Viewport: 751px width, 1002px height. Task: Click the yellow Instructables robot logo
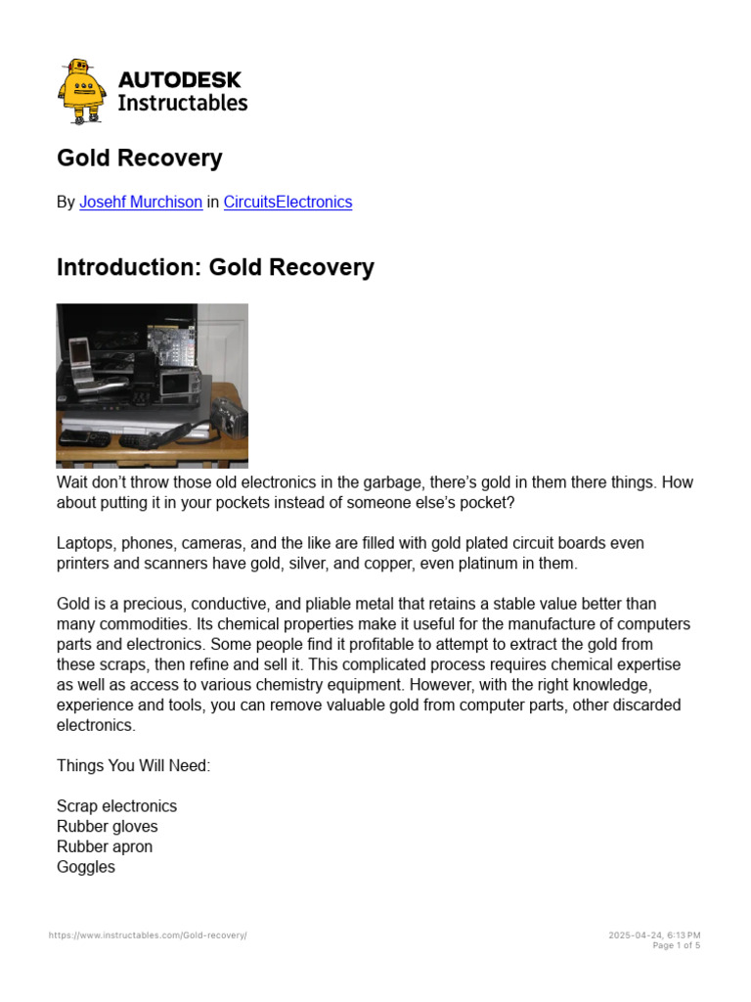click(82, 91)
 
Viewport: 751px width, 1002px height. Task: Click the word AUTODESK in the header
click(180, 80)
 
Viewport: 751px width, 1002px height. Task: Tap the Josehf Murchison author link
click(141, 203)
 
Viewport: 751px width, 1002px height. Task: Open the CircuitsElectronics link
click(287, 203)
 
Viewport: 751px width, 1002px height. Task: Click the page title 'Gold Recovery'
click(140, 159)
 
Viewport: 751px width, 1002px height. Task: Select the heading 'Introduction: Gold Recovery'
click(215, 267)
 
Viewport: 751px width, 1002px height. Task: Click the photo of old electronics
click(153, 385)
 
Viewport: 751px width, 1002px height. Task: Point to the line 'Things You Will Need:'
click(134, 766)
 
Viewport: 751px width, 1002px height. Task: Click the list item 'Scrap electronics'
click(117, 806)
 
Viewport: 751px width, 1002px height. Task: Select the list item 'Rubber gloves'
click(108, 827)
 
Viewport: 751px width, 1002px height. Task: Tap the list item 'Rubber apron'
click(105, 846)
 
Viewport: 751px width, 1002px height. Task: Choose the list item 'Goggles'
click(86, 867)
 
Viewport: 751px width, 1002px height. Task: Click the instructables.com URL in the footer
click(148, 935)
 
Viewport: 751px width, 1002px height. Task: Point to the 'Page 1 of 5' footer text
click(676, 945)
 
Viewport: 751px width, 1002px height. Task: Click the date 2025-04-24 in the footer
click(635, 935)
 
